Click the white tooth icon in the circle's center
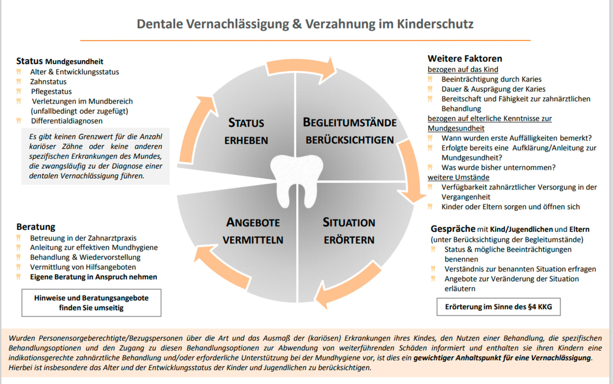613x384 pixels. pos(296,181)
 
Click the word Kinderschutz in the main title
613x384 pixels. pos(435,24)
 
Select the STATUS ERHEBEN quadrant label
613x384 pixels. pos(246,131)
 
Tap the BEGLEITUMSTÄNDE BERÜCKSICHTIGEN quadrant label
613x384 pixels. pos(350,131)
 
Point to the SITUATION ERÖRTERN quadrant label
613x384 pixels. pos(349,231)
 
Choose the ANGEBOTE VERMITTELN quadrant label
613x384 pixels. pos(253,231)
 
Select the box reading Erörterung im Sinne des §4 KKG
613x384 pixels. pos(498,307)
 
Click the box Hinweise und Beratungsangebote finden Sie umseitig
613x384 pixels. pos(91,303)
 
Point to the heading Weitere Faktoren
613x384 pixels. pos(465,58)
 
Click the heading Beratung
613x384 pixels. pos(36,227)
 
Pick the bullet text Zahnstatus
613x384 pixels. pos(48,82)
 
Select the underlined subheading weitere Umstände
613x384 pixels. pos(458,177)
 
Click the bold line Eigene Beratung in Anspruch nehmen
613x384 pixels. pos(94,277)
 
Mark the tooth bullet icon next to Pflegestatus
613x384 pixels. pos(19,91)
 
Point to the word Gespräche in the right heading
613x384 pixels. pos(453,229)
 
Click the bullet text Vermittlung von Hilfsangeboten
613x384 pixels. pos(83,267)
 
